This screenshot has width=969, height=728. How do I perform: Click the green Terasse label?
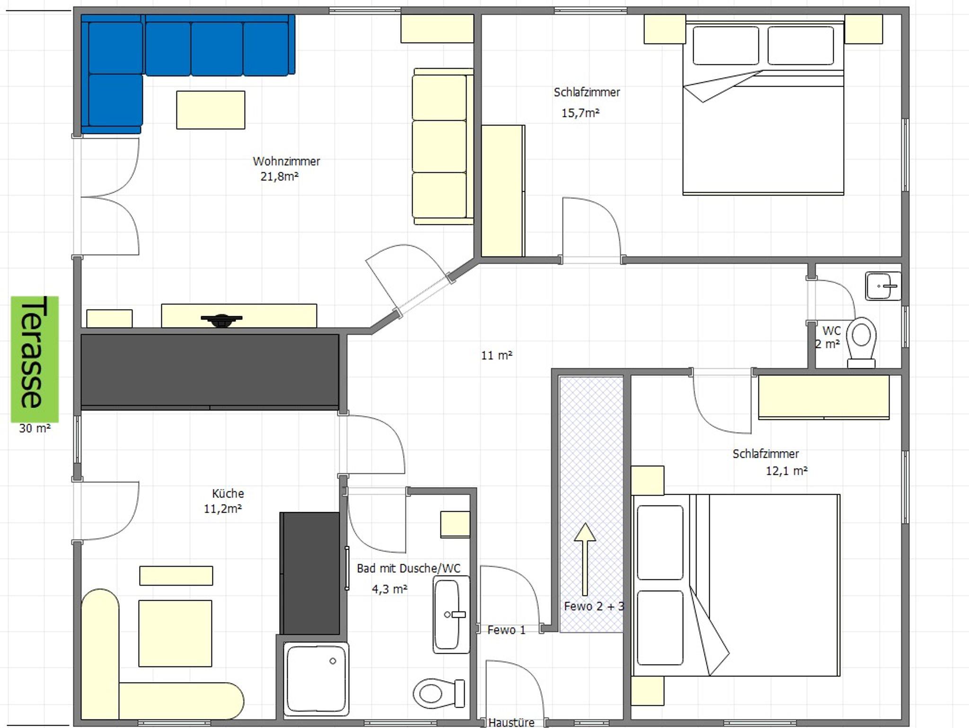35,359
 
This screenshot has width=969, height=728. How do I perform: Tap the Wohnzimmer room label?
286,161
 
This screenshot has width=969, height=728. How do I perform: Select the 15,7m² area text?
581,113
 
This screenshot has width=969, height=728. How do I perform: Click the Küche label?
228,493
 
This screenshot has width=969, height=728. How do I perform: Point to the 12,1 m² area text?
787,471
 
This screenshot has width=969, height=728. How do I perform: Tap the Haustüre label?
511,722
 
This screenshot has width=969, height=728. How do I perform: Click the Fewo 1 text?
506,630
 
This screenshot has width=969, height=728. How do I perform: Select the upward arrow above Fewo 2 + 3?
585,559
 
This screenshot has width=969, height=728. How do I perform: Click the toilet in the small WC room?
861,342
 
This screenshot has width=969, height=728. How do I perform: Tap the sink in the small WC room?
883,286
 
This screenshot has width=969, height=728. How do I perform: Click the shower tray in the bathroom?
316,677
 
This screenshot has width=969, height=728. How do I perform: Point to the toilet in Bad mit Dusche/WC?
439,693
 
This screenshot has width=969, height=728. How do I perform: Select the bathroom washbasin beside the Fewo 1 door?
451,614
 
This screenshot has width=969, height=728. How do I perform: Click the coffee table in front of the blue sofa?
211,110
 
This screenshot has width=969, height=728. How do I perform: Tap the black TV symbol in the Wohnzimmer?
221,320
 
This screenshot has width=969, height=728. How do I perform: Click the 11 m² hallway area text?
497,355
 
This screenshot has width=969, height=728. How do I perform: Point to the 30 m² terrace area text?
35,428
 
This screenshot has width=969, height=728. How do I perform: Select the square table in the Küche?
175,633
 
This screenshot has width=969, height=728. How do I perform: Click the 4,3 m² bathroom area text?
389,589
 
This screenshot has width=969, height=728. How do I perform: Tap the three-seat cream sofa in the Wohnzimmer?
442,146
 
